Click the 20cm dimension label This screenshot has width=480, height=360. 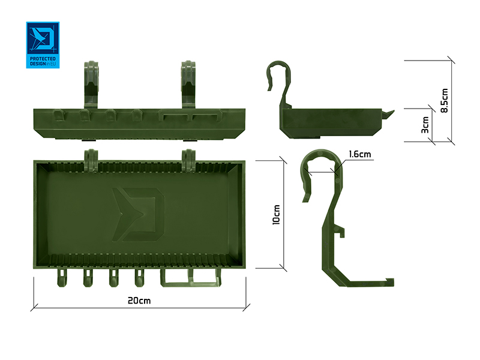point(139,299)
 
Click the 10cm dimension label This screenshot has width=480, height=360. point(275,215)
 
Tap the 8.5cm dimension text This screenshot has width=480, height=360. point(444,101)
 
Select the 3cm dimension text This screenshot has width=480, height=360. point(425,125)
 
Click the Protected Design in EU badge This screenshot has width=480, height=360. point(43,46)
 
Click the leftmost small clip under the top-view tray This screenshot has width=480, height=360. point(62,278)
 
